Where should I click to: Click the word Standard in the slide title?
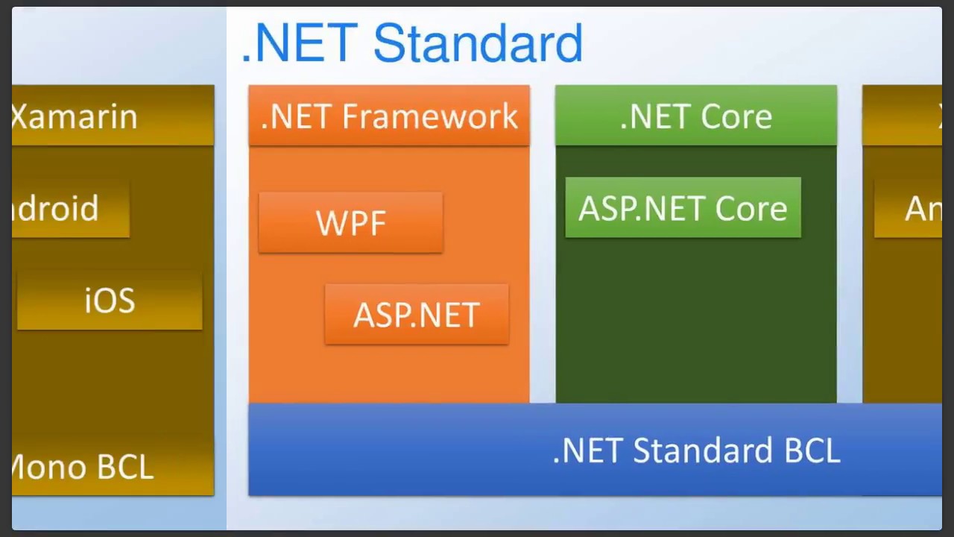(x=477, y=43)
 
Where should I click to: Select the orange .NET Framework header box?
(x=389, y=116)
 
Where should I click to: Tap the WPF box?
(x=350, y=223)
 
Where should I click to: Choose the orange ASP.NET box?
(x=417, y=315)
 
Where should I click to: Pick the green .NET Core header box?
(x=695, y=116)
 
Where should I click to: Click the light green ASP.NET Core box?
(x=683, y=208)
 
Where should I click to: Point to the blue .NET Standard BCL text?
(x=696, y=450)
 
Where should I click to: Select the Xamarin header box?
(x=113, y=116)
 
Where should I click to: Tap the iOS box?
(x=110, y=301)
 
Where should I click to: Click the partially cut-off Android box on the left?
(x=70, y=209)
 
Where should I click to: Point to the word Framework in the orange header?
(x=430, y=116)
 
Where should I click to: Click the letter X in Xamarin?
(x=20, y=116)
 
